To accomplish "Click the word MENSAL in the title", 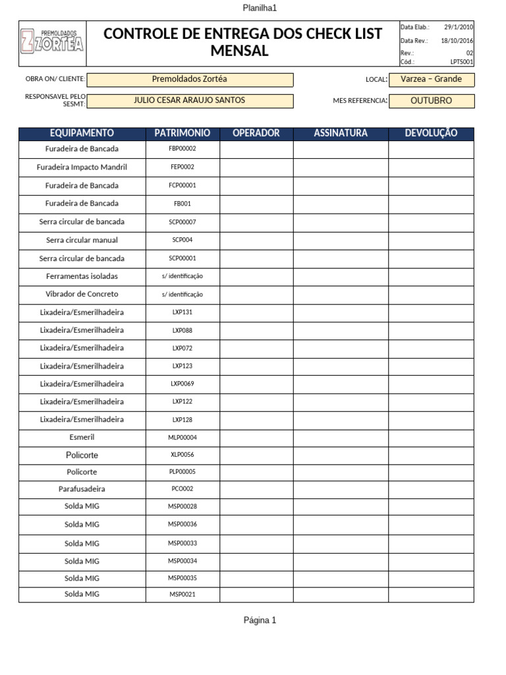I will click(239, 51).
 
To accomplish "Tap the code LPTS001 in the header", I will click(461, 62).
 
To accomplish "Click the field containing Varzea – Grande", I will click(431, 79).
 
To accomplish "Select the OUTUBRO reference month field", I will click(431, 101).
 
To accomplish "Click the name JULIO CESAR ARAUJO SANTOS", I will click(190, 100).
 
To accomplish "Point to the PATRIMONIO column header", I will click(183, 133).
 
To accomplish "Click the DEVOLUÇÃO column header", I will click(431, 133).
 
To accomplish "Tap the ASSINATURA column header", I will click(341, 133).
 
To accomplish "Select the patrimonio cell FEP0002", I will click(183, 167).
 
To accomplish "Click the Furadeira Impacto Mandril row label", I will click(82, 167).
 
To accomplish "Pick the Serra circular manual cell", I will click(82, 240).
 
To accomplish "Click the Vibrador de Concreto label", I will click(82, 294).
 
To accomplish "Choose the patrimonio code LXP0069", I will click(183, 384).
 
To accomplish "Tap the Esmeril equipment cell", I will click(82, 437).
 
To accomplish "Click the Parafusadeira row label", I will click(82, 489).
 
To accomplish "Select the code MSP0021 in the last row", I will click(183, 595).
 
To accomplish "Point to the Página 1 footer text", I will click(260, 620).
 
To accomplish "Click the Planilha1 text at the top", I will click(260, 8).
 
